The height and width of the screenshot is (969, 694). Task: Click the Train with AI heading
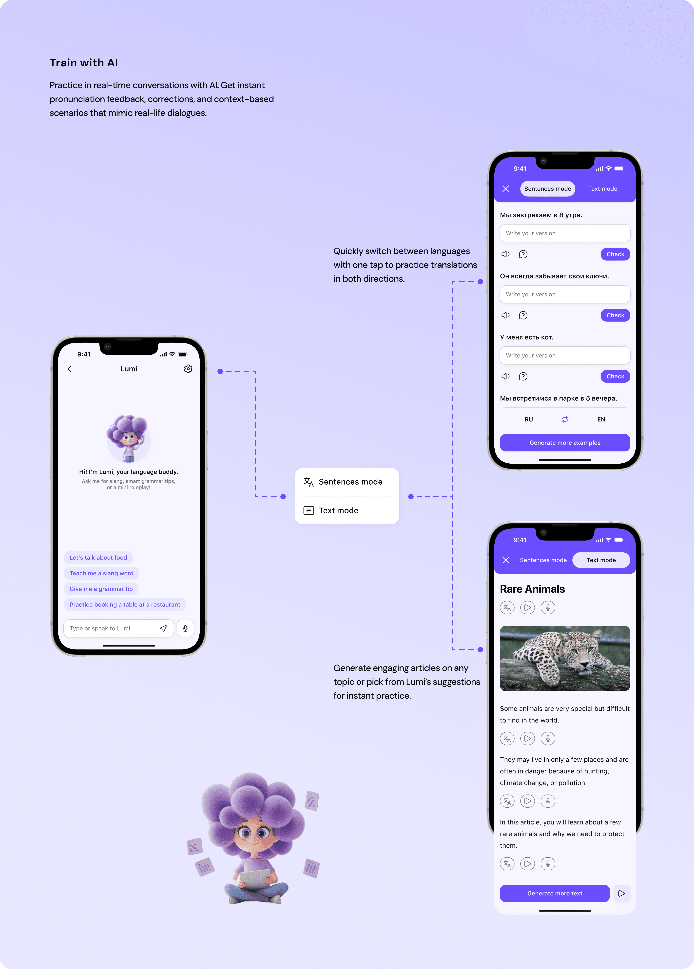point(84,63)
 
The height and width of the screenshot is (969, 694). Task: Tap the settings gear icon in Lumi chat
point(188,369)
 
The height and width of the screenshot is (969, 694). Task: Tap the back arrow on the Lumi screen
point(70,369)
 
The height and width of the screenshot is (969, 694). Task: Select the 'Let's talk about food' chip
point(98,558)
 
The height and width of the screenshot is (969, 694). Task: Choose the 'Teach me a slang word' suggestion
point(101,573)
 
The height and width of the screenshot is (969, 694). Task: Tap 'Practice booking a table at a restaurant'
point(125,604)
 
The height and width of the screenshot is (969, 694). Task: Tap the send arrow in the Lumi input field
point(163,628)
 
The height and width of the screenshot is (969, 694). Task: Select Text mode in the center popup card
point(338,510)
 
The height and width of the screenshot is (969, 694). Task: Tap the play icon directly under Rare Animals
point(527,607)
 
